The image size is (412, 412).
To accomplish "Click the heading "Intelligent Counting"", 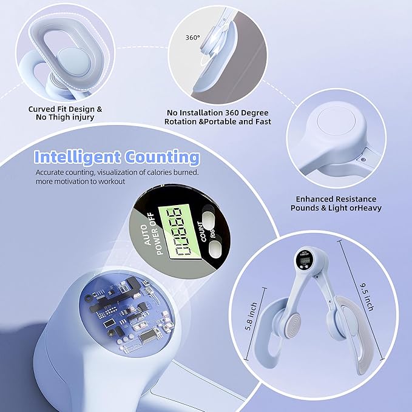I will coord(117,158).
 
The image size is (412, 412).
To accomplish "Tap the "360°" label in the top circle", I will coord(192,36).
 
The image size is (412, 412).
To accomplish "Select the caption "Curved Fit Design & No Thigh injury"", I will coord(65,113).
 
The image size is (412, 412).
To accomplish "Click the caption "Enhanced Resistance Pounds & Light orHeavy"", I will coord(336,203).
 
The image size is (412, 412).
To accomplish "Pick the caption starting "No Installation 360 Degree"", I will coord(217,117).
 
